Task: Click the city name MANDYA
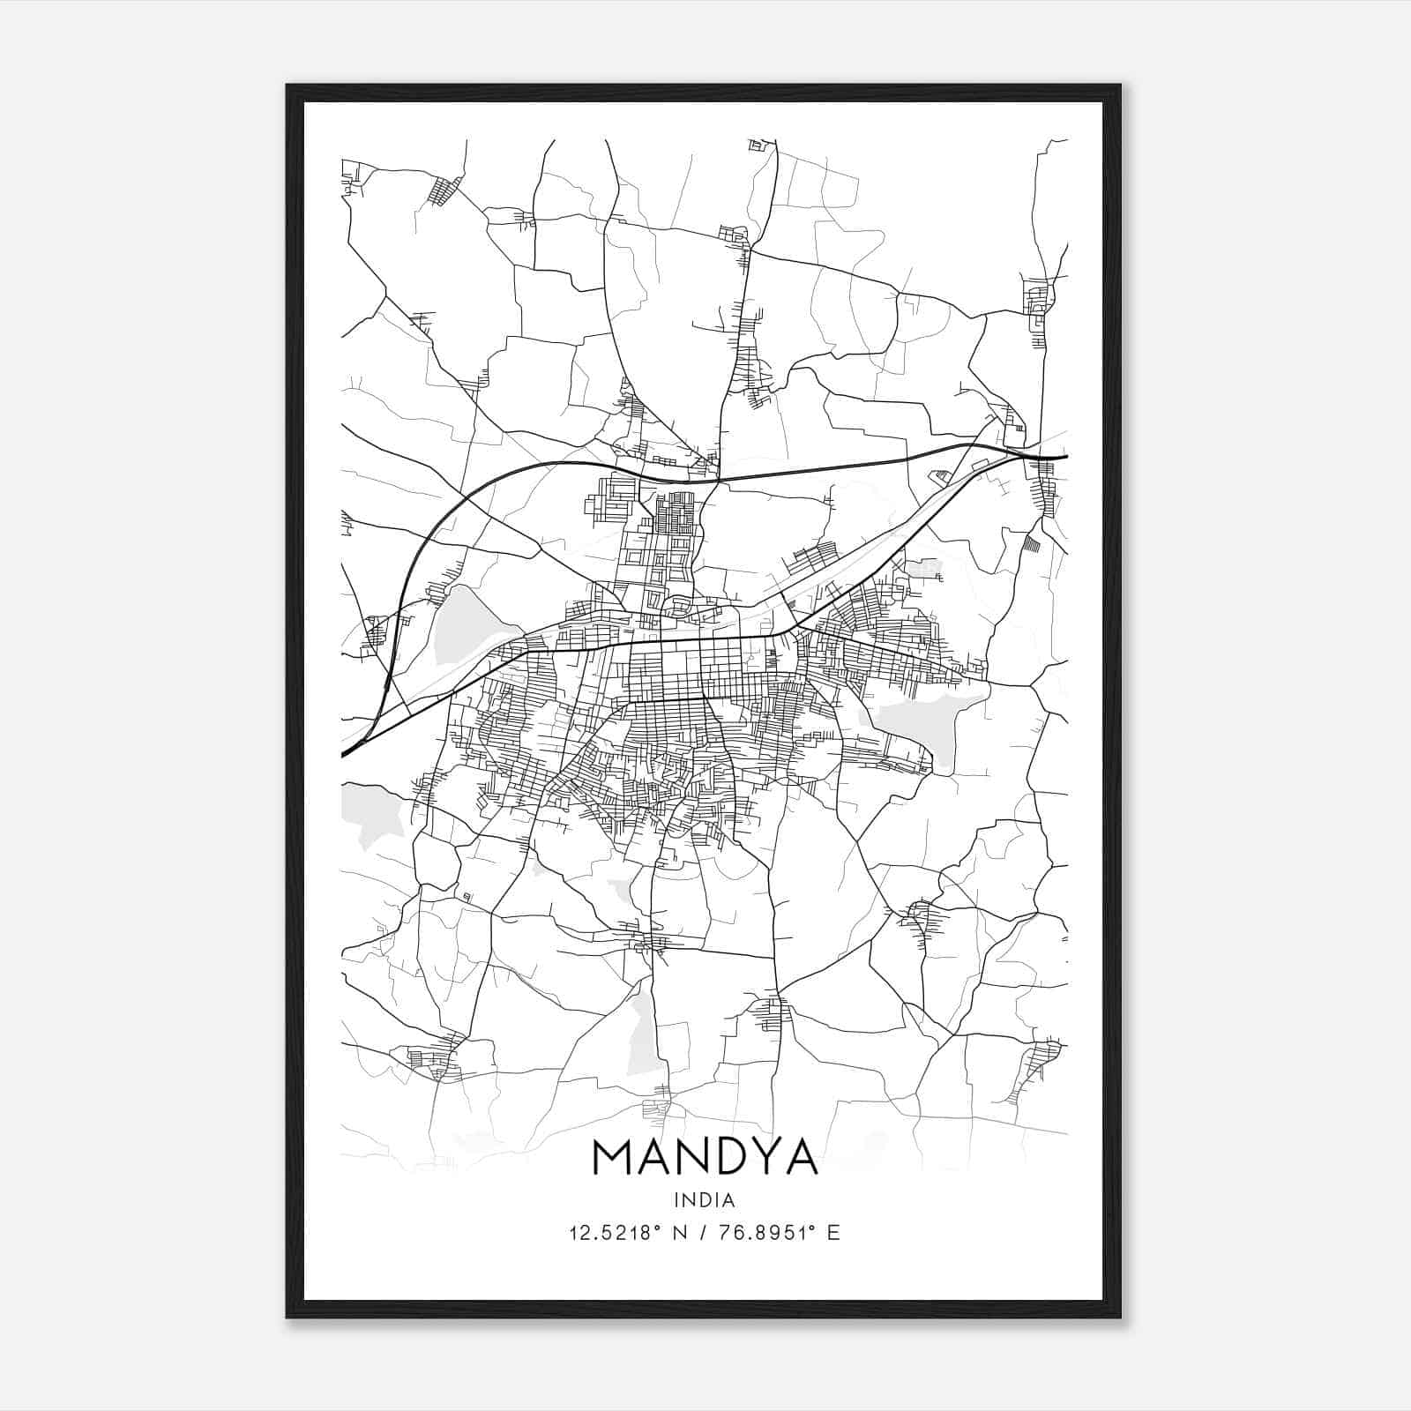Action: coord(705,1157)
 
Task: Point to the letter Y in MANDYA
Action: coord(766,1157)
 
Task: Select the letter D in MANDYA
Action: coord(728,1157)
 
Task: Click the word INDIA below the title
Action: coord(704,1200)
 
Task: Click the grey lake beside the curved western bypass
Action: coord(464,625)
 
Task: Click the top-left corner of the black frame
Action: coord(287,86)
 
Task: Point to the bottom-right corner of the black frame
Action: coord(1119,1317)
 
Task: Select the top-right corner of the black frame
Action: coord(1119,86)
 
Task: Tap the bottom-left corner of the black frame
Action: coord(287,1317)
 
